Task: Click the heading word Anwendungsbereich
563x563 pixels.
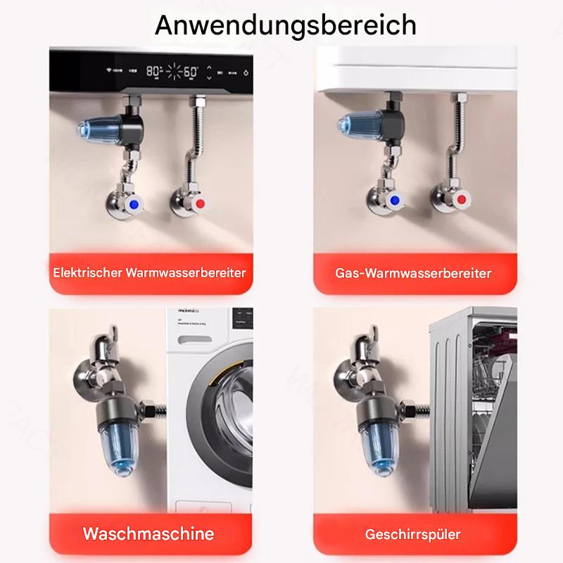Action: pyautogui.click(x=285, y=25)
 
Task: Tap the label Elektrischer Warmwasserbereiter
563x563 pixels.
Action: pyautogui.click(x=149, y=272)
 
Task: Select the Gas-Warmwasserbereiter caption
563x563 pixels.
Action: pyautogui.click(x=413, y=272)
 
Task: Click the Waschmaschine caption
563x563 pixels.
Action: pyautogui.click(x=148, y=533)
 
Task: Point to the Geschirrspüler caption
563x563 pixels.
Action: pyautogui.click(x=413, y=534)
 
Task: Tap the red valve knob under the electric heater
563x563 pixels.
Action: pyautogui.click(x=201, y=205)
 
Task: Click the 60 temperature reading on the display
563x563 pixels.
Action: pyautogui.click(x=190, y=72)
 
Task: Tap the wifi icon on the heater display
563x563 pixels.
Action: pyautogui.click(x=109, y=72)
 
